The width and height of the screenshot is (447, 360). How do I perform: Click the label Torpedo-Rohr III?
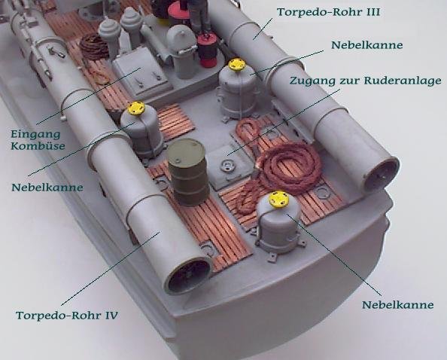coord(328,12)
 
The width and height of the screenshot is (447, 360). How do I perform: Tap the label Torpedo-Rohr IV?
coord(67,316)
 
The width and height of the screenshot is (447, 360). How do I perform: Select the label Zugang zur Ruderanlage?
coord(366,81)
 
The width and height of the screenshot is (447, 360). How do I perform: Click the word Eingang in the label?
coord(35,134)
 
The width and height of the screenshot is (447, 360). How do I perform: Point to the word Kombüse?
coord(38,146)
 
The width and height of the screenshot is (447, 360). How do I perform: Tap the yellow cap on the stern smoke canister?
coord(278,199)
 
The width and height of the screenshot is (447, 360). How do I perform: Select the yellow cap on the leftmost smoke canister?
coord(135,108)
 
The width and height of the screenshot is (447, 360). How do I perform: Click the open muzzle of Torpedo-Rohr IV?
coord(189,276)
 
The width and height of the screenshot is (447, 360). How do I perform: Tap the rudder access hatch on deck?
coord(230,166)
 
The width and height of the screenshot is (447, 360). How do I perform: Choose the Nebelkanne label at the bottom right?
coord(397,305)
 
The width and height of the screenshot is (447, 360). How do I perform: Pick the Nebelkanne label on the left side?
coord(47,188)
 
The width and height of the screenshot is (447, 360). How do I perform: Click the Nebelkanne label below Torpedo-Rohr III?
coord(367,45)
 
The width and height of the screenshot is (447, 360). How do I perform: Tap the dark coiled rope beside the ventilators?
coord(94,46)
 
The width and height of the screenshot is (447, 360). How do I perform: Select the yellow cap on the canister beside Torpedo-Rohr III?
coord(237,65)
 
